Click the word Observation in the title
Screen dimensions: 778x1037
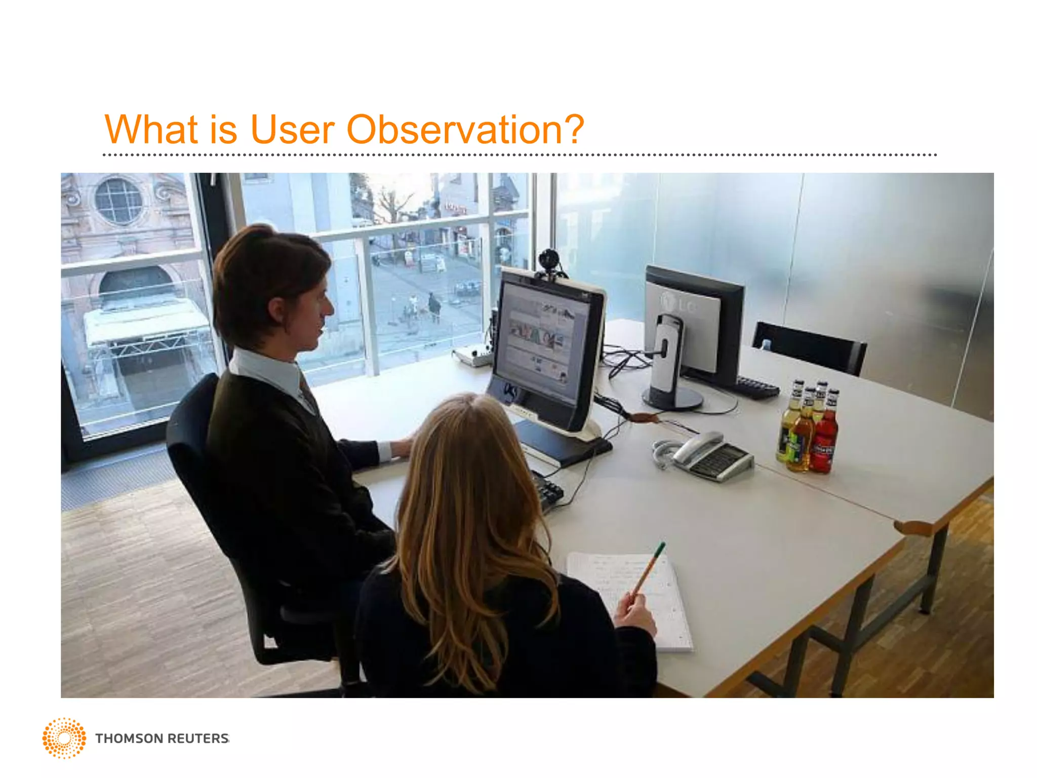point(452,130)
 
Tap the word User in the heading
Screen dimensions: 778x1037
point(292,130)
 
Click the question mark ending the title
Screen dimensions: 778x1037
point(573,130)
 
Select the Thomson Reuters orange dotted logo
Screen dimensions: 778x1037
point(64,738)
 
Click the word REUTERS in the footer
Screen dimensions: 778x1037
point(198,738)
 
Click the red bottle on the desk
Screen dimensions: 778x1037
point(824,436)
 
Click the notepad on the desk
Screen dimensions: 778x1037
point(633,598)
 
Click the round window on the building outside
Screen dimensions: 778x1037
point(119,201)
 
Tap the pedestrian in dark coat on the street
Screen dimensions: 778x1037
point(434,306)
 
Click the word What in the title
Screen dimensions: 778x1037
point(150,130)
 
